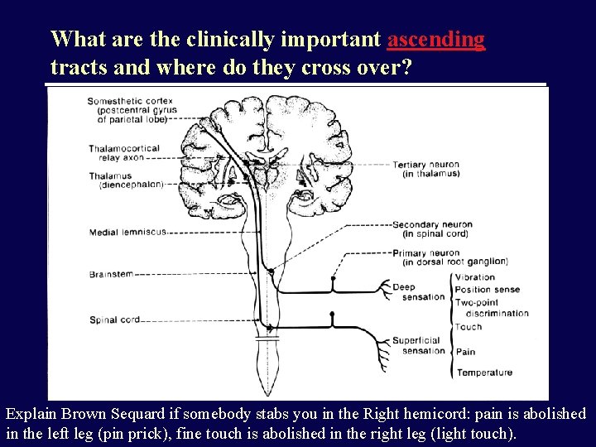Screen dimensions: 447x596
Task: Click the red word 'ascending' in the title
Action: click(435, 39)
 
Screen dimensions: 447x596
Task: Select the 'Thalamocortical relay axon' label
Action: click(124, 153)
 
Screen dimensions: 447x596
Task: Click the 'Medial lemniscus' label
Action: click(127, 233)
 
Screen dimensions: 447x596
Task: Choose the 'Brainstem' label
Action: click(111, 274)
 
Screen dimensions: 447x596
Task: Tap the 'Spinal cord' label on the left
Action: click(114, 320)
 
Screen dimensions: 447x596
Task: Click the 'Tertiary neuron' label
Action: click(425, 169)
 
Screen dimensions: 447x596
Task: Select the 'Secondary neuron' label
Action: click(432, 228)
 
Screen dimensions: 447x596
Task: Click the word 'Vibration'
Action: click(475, 277)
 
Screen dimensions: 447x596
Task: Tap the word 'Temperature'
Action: click(484, 372)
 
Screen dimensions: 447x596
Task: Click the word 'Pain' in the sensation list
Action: click(466, 352)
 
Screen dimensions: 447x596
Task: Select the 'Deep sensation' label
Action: click(418, 292)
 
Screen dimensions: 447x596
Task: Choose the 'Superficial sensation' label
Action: click(419, 345)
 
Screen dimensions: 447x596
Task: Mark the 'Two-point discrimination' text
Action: click(492, 308)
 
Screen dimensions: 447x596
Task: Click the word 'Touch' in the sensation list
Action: click(469, 327)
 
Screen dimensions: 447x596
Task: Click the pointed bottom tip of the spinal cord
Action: click(266, 394)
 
